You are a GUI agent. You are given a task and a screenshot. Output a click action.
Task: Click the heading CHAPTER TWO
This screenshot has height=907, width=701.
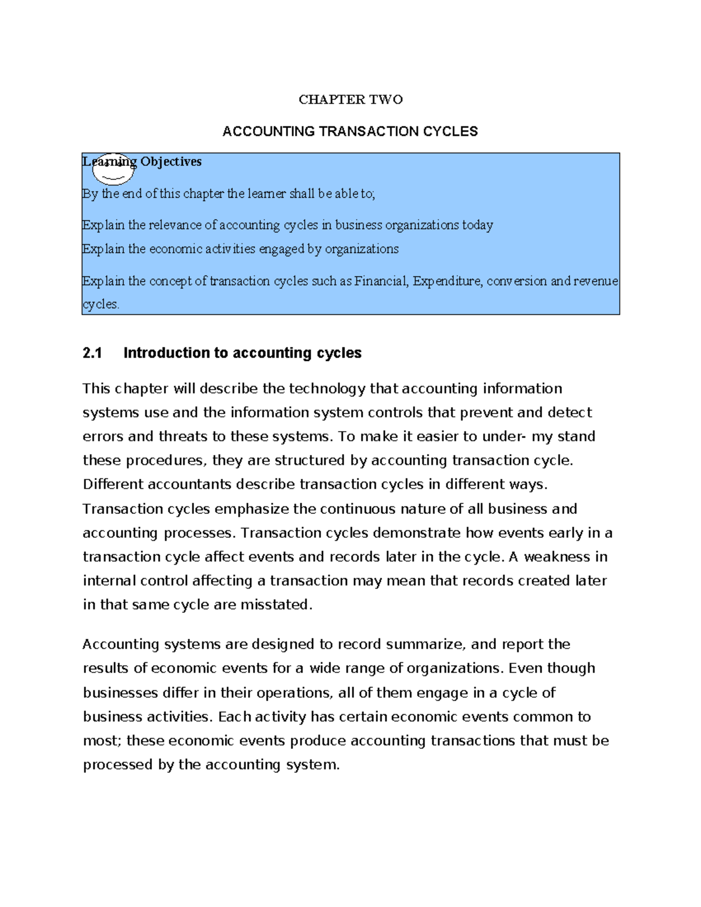coord(350,100)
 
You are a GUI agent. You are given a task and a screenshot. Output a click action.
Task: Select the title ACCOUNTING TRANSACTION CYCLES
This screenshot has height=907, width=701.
coord(350,131)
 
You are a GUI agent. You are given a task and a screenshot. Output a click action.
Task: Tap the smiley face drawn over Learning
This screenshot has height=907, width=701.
coord(113,169)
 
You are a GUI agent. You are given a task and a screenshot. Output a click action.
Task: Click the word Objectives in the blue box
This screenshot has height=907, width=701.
coord(171,162)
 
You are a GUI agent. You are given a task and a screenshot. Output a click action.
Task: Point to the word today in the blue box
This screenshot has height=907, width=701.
coord(477,225)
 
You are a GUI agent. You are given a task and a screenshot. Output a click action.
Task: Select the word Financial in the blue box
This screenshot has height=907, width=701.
coord(381,282)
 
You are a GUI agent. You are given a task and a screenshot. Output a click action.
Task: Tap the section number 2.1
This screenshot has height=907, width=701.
coord(92,353)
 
